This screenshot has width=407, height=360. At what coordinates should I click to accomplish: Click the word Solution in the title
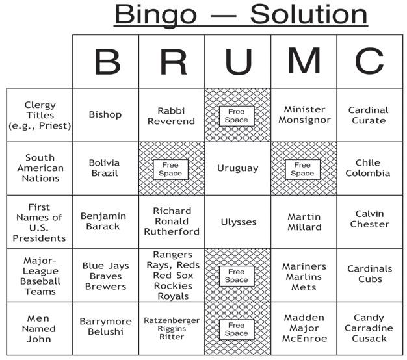point(309,14)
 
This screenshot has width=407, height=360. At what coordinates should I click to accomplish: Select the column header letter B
point(106,62)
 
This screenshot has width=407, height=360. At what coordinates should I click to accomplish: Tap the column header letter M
point(303,62)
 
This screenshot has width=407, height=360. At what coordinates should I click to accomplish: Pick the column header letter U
point(237,62)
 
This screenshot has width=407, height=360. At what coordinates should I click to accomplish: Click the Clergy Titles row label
point(40,115)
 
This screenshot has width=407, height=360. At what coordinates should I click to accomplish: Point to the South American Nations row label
point(40,168)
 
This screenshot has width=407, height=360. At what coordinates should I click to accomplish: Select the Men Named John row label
point(40,328)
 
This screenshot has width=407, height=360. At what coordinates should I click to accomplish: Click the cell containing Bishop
point(105,115)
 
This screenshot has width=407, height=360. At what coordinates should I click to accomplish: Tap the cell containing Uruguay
point(237,168)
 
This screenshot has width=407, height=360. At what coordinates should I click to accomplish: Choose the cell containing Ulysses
point(237,222)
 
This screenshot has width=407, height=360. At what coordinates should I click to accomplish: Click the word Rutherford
point(172,232)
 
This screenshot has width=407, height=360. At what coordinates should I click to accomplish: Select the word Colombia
point(368,174)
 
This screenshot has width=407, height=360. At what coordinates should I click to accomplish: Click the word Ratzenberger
point(172,320)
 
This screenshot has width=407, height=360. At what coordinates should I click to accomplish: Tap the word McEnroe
point(304,339)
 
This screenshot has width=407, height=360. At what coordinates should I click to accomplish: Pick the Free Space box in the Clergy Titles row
point(237,116)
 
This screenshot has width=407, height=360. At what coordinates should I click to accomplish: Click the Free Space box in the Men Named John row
point(237,329)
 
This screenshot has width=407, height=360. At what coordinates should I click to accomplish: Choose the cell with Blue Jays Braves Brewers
point(105,276)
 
